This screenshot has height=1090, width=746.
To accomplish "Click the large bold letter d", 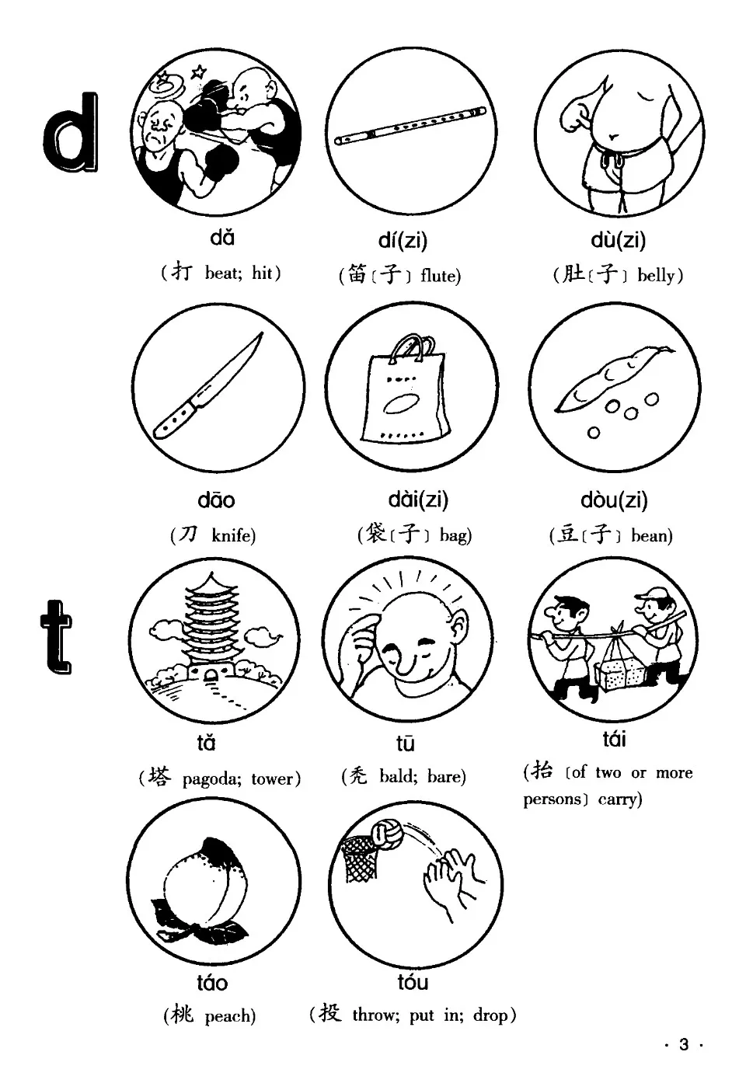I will click(x=72, y=134).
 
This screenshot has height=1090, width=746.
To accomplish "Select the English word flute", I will click(x=441, y=276).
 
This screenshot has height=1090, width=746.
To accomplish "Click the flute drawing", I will click(x=411, y=127).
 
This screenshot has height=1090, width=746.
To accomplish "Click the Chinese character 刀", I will click(x=189, y=535).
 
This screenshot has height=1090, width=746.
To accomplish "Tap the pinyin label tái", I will click(x=614, y=738).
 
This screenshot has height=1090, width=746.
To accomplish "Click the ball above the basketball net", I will click(x=385, y=834).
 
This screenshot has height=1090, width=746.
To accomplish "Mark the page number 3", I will click(x=683, y=1045).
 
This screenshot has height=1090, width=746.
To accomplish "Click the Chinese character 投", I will click(x=329, y=1013).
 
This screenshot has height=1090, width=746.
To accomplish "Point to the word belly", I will click(x=657, y=275).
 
